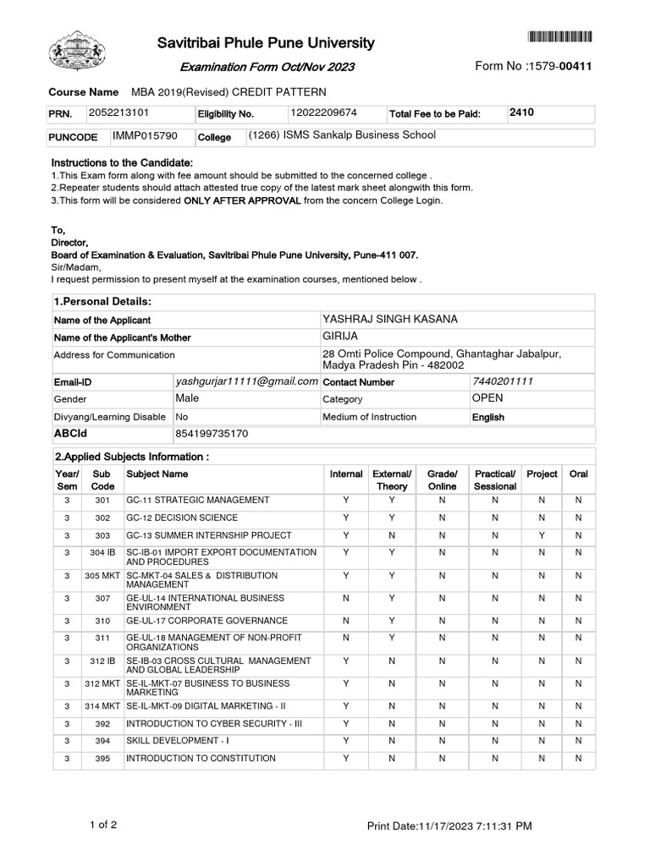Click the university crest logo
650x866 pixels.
pyautogui.click(x=79, y=52)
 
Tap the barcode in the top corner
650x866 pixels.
pyautogui.click(x=560, y=36)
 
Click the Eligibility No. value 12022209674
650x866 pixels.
pyautogui.click(x=323, y=112)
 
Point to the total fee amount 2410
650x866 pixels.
pyautogui.click(x=522, y=112)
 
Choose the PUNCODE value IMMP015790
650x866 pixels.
pyautogui.click(x=145, y=135)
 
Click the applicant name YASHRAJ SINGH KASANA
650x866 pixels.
pyautogui.click(x=390, y=319)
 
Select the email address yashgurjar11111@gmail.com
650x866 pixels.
pyautogui.click(x=246, y=381)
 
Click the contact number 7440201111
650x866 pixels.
pyautogui.click(x=503, y=381)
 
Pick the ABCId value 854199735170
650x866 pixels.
pyautogui.click(x=212, y=434)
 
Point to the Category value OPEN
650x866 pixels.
pyautogui.click(x=487, y=398)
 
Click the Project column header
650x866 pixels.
pyautogui.click(x=542, y=474)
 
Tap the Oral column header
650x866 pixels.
pyautogui.click(x=579, y=474)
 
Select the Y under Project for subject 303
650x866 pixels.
pyautogui.click(x=542, y=535)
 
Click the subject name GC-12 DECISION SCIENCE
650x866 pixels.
pyautogui.click(x=182, y=518)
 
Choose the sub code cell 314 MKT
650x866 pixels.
pyautogui.click(x=102, y=706)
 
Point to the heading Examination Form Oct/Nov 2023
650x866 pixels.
pyautogui.click(x=267, y=67)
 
